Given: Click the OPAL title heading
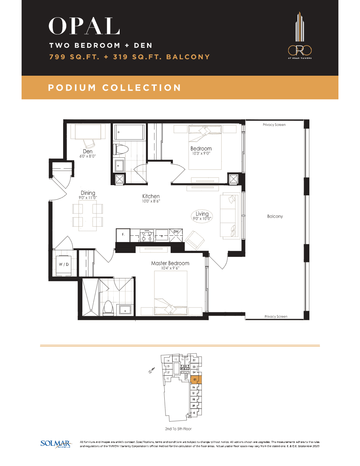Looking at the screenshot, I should pyautogui.click(x=84, y=27).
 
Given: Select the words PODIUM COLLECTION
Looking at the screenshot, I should pyautogui.click(x=115, y=88).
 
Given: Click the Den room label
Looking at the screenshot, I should pyautogui.click(x=87, y=151).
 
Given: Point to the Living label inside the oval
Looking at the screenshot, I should pyautogui.click(x=202, y=214).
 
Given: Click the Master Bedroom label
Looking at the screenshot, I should pyautogui.click(x=170, y=263).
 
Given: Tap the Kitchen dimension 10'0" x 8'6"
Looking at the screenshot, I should pyautogui.click(x=151, y=201).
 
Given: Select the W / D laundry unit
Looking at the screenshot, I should pyautogui.click(x=64, y=264).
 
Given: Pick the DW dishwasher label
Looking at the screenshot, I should pyautogui.click(x=176, y=231).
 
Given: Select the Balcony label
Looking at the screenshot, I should pyautogui.click(x=275, y=217).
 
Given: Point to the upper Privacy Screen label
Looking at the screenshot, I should pyautogui.click(x=274, y=125).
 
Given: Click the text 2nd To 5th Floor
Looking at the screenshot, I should pyautogui.click(x=179, y=429).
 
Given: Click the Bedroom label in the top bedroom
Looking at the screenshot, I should pyautogui.click(x=201, y=149).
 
